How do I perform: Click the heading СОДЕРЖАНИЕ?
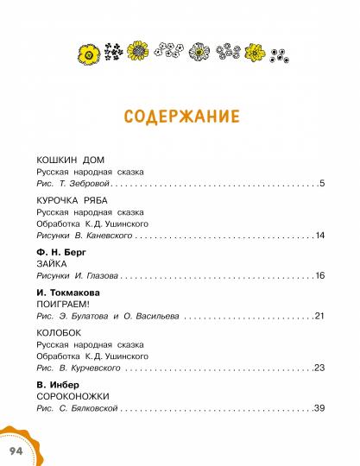(x=180, y=117)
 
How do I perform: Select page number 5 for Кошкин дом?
(x=321, y=184)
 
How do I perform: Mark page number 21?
(x=319, y=316)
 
